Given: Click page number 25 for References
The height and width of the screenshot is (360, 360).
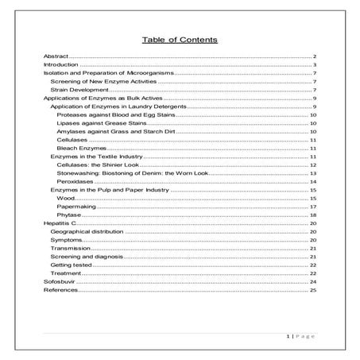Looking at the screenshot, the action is [314, 290].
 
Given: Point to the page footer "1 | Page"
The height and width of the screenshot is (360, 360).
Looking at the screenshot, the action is [301, 338].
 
